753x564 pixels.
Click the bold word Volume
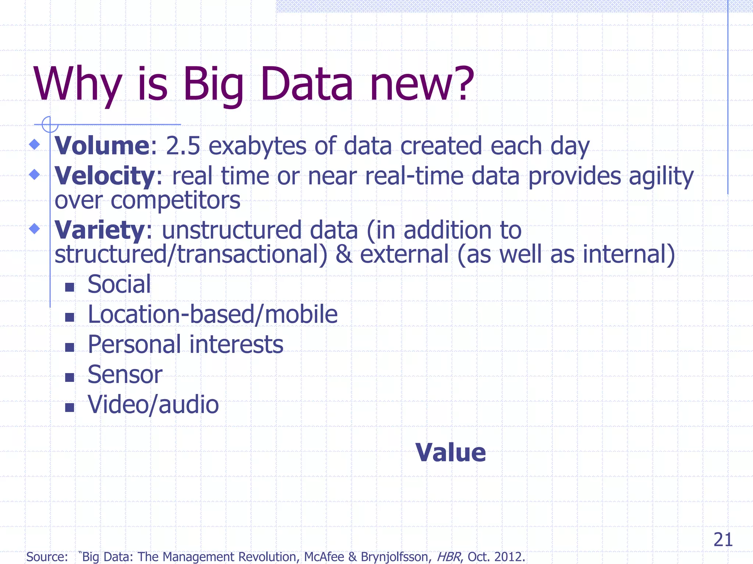point(102,146)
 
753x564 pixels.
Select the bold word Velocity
point(104,176)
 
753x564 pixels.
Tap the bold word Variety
point(99,230)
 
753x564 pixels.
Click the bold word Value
point(450,452)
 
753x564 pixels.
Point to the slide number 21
point(723,540)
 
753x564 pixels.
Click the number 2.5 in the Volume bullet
point(183,146)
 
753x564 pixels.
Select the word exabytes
point(257,147)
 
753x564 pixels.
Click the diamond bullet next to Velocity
point(35,174)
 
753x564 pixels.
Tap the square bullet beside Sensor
point(69,377)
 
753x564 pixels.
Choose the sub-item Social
point(119,284)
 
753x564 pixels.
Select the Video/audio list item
point(153,405)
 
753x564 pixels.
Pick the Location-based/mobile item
point(213,315)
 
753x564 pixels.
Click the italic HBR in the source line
point(448,557)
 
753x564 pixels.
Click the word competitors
point(175,200)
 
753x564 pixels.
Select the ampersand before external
point(343,254)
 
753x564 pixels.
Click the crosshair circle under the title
point(50,124)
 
